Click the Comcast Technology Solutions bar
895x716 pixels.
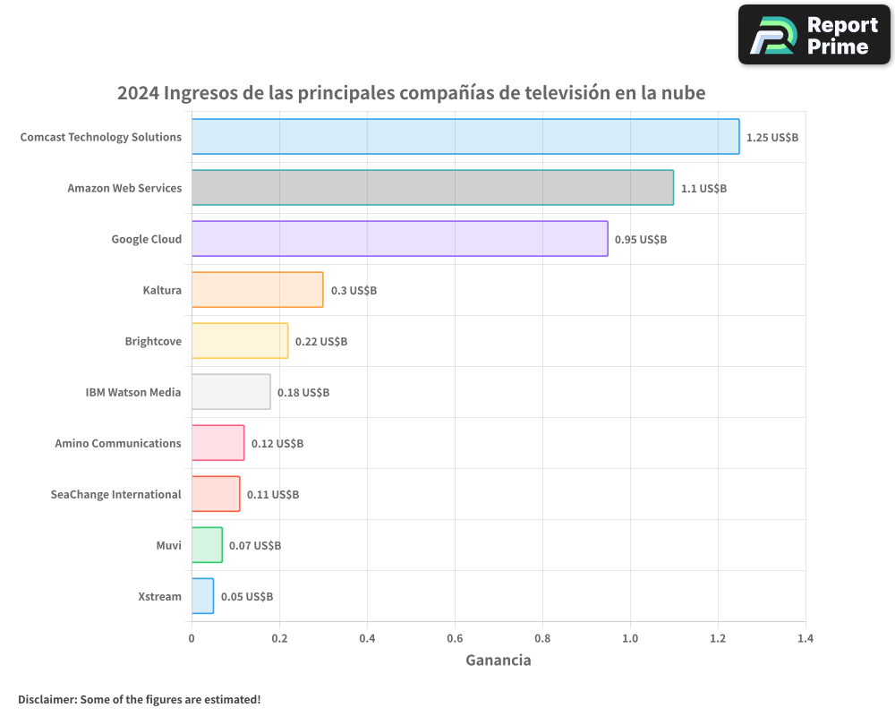pos(465,137)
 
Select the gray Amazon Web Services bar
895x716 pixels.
pos(432,188)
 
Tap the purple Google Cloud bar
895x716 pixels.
pos(399,239)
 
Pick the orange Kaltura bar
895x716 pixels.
pos(257,290)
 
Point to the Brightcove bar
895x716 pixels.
pos(240,341)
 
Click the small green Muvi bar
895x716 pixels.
pos(207,545)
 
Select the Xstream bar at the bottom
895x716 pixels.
pos(202,596)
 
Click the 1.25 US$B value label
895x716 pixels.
pos(771,138)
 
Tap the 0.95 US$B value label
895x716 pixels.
pos(641,240)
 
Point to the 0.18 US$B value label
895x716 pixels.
pos(303,393)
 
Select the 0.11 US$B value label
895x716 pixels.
pos(273,495)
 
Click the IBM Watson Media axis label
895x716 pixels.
pos(133,392)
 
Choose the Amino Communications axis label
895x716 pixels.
pos(118,443)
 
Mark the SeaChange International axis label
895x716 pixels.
pos(115,494)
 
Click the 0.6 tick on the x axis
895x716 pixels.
pos(455,639)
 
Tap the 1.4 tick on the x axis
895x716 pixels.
pos(805,639)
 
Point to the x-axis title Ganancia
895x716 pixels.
pos(498,661)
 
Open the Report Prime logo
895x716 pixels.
pos(814,35)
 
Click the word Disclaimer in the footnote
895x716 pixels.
pos(47,699)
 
